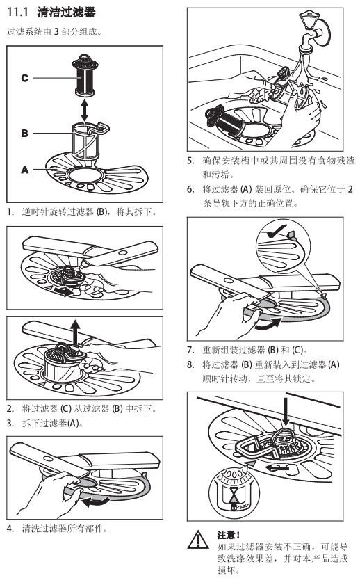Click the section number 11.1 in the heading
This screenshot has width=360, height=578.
click(x=17, y=12)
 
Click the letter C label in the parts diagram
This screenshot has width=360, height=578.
click(x=25, y=78)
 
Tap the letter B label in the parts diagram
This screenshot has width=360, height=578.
click(x=25, y=133)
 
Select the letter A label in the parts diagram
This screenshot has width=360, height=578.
click(x=25, y=170)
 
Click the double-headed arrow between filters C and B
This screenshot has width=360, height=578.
click(x=85, y=110)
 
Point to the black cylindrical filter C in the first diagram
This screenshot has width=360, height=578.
click(x=84, y=75)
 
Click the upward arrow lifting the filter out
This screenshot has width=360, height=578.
click(x=76, y=331)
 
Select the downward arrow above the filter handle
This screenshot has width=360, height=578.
click(x=286, y=411)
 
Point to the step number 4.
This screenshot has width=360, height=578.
click(x=10, y=529)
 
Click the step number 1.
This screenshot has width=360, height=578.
click(x=10, y=212)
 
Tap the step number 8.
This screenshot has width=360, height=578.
click(x=190, y=364)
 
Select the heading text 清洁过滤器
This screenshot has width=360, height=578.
click(x=66, y=12)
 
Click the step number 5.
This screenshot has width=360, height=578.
click(x=190, y=161)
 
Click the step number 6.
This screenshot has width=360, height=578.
click(x=190, y=189)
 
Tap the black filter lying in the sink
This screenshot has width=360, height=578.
click(x=224, y=119)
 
